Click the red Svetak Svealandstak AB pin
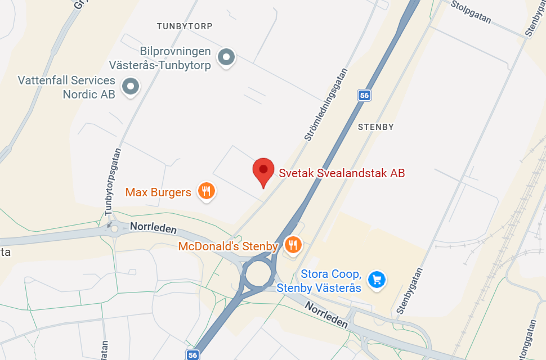(x=263, y=170)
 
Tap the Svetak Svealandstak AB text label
(x=342, y=173)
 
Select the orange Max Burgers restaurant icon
(x=207, y=191)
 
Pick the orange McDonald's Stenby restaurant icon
(x=293, y=245)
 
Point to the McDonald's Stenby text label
(x=228, y=246)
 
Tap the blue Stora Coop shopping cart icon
(x=376, y=278)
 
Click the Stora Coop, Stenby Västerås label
(x=331, y=281)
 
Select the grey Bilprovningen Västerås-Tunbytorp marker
(x=226, y=56)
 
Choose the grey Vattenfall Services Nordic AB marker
(x=131, y=86)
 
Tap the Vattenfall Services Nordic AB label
(x=66, y=87)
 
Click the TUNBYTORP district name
(x=185, y=26)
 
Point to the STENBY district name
(x=376, y=127)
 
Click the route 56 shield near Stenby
(x=364, y=96)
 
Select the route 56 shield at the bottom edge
(x=193, y=354)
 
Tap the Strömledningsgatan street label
(x=327, y=105)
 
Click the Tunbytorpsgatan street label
(x=114, y=181)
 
